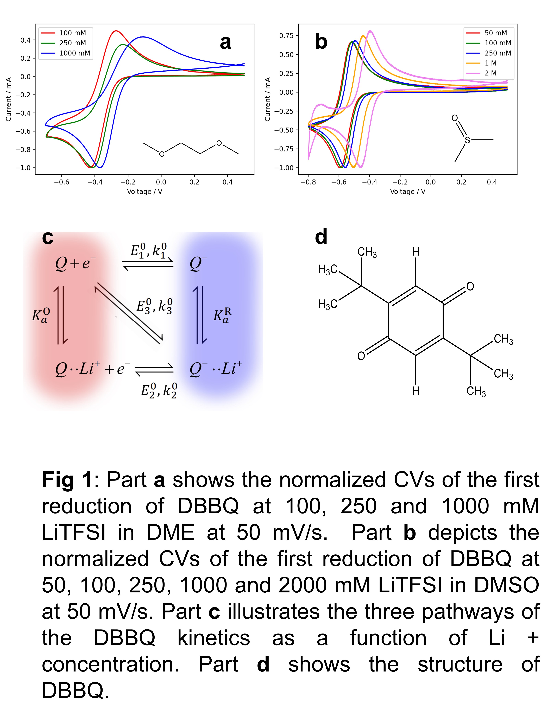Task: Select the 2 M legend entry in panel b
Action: [x=490, y=73]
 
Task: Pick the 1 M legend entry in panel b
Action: [x=490, y=63]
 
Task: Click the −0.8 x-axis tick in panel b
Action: [x=308, y=182]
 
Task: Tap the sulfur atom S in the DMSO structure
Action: [x=467, y=140]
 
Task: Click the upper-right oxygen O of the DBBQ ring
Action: [x=470, y=287]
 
